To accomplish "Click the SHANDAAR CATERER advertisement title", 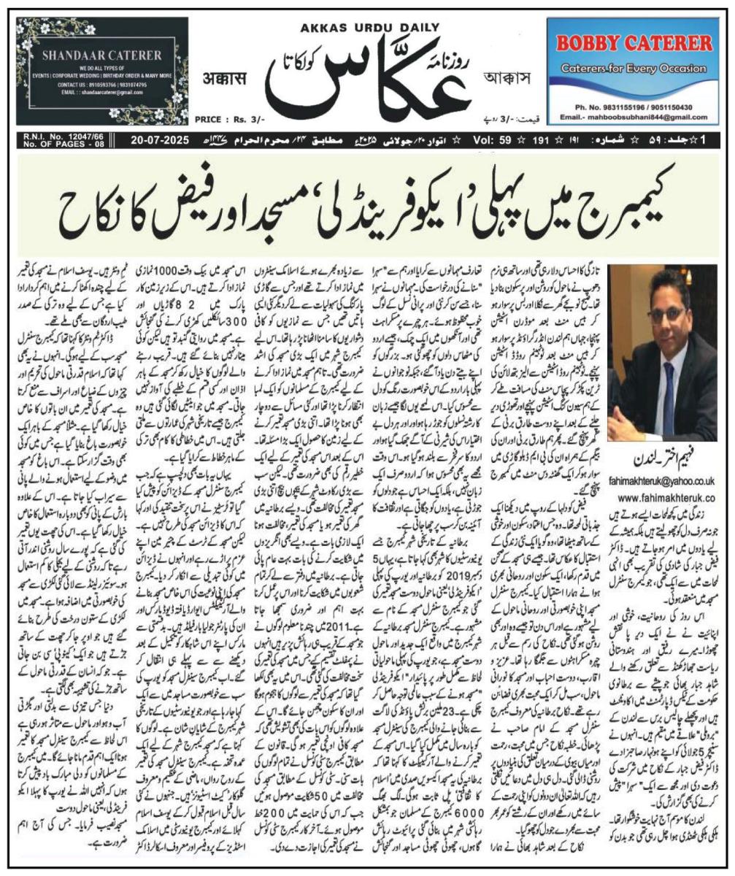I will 101,55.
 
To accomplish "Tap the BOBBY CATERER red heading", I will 634,43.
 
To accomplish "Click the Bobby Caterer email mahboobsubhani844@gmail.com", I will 634,116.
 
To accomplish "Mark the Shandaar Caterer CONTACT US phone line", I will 101,85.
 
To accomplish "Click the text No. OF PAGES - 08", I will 56,142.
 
